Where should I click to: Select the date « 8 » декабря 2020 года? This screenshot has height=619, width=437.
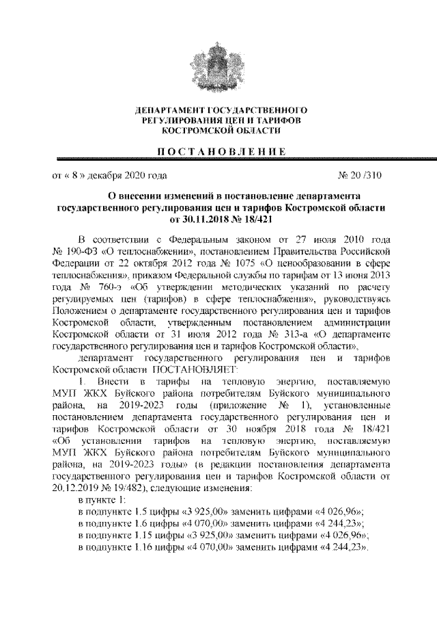click(x=109, y=175)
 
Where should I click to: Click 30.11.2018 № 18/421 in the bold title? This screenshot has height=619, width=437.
click(x=218, y=220)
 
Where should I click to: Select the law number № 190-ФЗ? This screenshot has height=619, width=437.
click(x=76, y=252)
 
